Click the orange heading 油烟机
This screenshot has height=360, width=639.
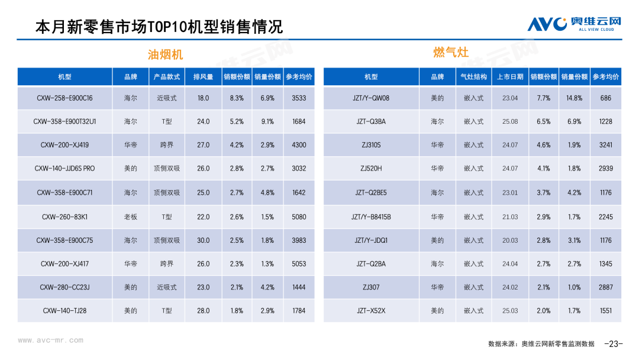pyautogui.click(x=165, y=54)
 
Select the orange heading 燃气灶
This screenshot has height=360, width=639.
pyautogui.click(x=451, y=52)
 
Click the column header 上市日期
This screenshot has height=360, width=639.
pyautogui.click(x=510, y=77)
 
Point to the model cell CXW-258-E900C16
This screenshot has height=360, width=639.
pyautogui.click(x=64, y=98)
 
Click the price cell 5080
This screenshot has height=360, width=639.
pyautogui.click(x=299, y=217)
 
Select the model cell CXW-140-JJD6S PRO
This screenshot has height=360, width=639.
pyautogui.click(x=64, y=169)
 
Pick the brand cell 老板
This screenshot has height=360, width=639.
pyautogui.click(x=131, y=217)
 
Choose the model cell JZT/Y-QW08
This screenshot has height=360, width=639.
pyautogui.click(x=371, y=98)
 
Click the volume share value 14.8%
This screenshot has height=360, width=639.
pyautogui.click(x=574, y=98)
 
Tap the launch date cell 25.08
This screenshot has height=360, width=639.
pyautogui.click(x=510, y=121)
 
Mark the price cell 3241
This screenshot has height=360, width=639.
pyautogui.click(x=605, y=145)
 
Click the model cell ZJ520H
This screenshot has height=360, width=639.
pyautogui.click(x=371, y=169)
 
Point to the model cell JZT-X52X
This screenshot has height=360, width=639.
pyautogui.click(x=371, y=311)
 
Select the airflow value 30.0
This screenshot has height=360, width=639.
pyautogui.click(x=203, y=240)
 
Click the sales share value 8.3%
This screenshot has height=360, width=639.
pyautogui.click(x=237, y=98)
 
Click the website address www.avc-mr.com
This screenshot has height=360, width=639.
pyautogui.click(x=50, y=340)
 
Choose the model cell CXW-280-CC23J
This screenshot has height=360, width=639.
pyautogui.click(x=64, y=287)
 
